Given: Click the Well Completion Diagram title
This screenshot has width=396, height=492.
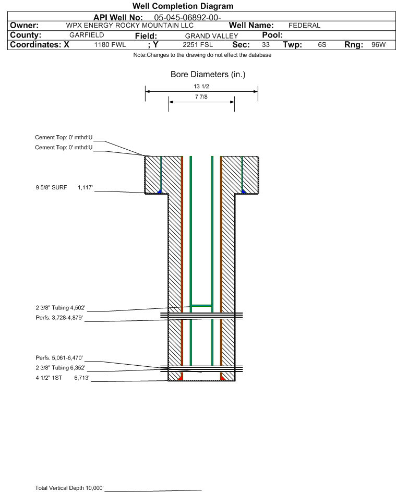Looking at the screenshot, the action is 183,6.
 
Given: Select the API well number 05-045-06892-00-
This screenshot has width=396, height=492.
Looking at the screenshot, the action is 187,18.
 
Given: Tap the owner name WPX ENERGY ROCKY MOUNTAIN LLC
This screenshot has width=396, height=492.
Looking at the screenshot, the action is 129,26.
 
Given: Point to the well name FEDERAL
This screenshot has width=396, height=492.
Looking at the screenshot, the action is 304,26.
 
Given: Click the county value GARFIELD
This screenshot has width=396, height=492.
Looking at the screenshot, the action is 87,35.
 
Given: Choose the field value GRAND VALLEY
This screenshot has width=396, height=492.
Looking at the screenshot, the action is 211,36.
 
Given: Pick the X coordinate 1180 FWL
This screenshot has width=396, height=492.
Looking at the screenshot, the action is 110,45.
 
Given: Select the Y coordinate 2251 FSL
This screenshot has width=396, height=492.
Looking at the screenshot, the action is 198,45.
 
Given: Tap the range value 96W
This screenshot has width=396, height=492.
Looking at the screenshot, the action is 378,45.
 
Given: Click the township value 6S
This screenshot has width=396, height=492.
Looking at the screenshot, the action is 322,45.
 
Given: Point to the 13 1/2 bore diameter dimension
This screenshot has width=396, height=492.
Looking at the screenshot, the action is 201,86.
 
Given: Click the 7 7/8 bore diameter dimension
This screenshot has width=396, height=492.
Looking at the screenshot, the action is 201,97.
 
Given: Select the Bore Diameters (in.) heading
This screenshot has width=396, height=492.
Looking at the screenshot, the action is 208,75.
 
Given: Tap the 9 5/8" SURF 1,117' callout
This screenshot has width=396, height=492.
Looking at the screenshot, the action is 64,188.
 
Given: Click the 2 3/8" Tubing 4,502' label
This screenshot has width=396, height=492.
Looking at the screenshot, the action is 61,308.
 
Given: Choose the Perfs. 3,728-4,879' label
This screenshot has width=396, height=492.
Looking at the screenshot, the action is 59,318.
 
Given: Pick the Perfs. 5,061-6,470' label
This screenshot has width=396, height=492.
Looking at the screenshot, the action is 59,358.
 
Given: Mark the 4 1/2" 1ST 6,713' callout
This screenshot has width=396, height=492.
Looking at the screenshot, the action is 63,378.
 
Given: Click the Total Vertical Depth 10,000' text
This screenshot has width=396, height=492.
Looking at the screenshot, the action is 69,488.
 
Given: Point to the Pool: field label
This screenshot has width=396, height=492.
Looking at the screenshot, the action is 272,35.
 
